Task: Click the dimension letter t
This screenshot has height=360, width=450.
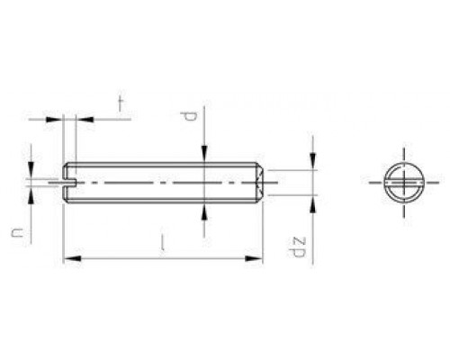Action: [119, 103]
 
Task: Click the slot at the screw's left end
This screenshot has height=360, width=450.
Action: [71, 182]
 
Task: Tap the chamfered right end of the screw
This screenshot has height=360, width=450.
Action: [259, 182]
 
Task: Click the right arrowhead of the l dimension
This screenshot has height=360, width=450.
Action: [258, 259]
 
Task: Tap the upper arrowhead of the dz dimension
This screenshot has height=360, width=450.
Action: [312, 164]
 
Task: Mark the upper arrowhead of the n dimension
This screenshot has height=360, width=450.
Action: [32, 174]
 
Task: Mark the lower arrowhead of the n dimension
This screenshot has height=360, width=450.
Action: [32, 191]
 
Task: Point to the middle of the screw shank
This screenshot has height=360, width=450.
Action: [162, 182]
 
